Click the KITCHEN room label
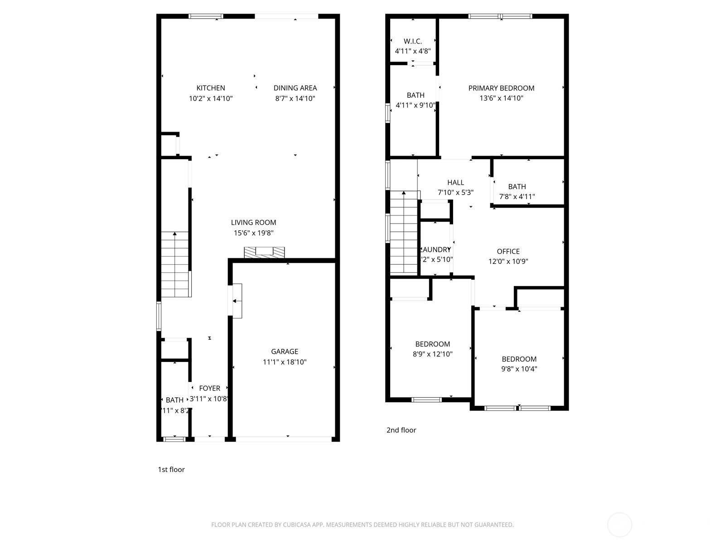210,88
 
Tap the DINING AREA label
295,88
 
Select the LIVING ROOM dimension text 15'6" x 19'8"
253,233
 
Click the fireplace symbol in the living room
264,252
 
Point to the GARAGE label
285,351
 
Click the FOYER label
209,388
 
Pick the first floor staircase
175,265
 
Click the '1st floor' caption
171,470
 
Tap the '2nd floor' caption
401,430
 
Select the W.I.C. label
413,41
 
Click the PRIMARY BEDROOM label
501,88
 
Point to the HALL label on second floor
455,182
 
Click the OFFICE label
508,251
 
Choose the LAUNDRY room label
436,250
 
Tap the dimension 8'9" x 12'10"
432,354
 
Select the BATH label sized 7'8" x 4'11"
517,186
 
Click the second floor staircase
403,233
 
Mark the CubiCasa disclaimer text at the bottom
362,525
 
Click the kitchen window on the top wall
206,16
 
